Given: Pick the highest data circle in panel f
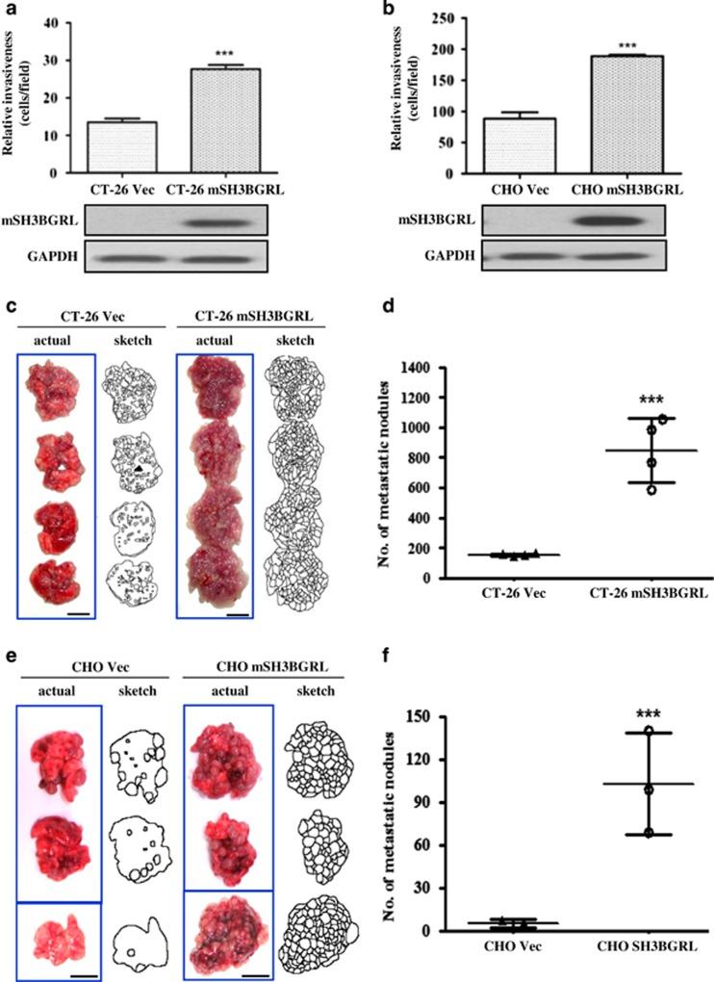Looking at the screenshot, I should (649, 732).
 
